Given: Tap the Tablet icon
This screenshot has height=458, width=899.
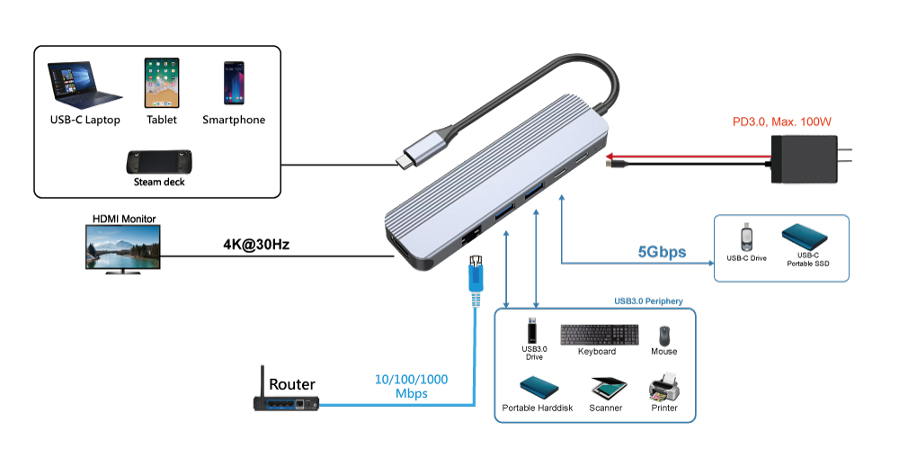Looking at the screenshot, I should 162,83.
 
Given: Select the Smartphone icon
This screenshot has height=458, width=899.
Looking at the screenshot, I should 234,83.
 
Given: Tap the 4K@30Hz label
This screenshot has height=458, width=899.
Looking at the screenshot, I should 255,244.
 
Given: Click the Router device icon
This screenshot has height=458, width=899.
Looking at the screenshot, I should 286,401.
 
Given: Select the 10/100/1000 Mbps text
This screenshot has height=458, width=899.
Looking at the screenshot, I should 411,387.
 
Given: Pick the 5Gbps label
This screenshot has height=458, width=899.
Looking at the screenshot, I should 662,253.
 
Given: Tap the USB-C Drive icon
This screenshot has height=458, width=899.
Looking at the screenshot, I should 746,238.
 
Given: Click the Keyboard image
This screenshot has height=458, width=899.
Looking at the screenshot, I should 600,335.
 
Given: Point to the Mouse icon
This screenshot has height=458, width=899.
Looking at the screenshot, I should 663,336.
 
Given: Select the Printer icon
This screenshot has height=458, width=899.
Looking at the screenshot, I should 663,390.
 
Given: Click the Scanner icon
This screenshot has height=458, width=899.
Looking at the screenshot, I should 605,389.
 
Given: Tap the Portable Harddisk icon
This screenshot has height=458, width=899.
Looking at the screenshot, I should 537,388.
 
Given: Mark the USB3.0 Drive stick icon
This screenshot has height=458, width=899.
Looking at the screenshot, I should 534,329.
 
